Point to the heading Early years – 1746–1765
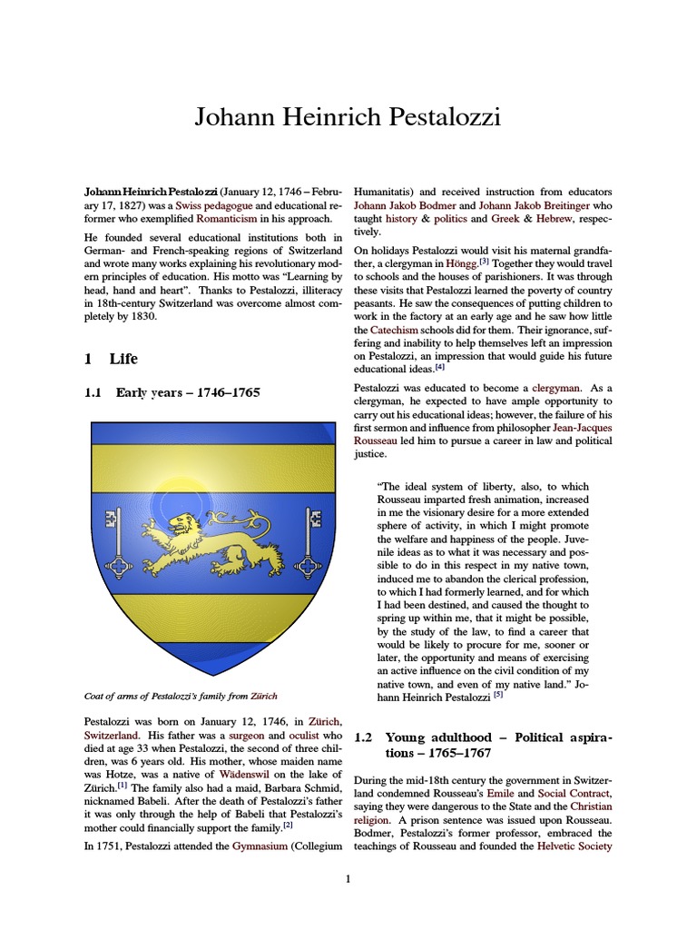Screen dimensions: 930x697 coord(187,393)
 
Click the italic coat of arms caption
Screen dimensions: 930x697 coord(181,697)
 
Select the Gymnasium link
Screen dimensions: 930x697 coord(250,846)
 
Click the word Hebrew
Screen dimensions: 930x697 coord(555,220)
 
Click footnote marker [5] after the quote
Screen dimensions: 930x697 coord(497,696)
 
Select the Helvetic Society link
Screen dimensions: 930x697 coord(574,846)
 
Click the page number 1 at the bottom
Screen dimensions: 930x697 coord(348,878)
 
